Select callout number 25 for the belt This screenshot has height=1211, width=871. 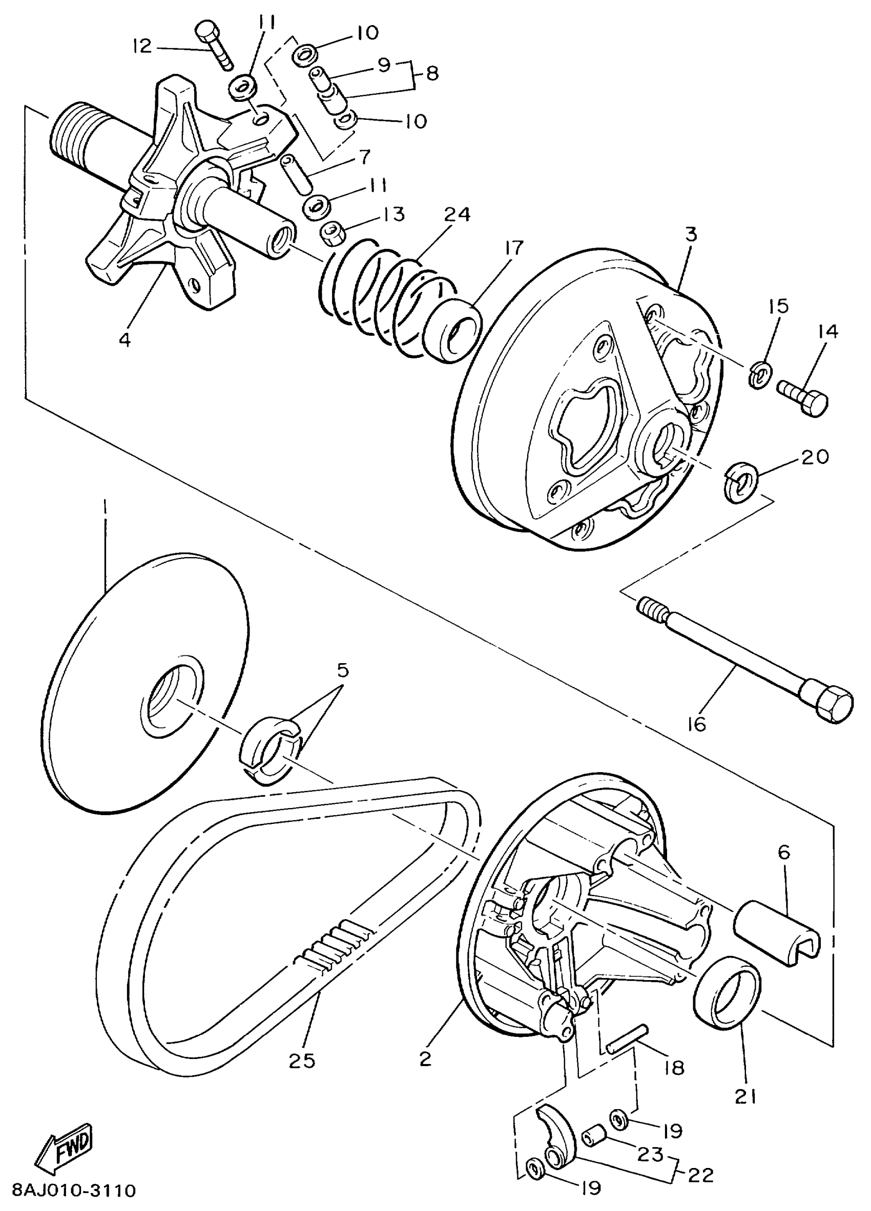coord(302,1060)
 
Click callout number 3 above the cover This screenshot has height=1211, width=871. coord(692,235)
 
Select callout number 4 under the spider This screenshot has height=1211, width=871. coord(125,339)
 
